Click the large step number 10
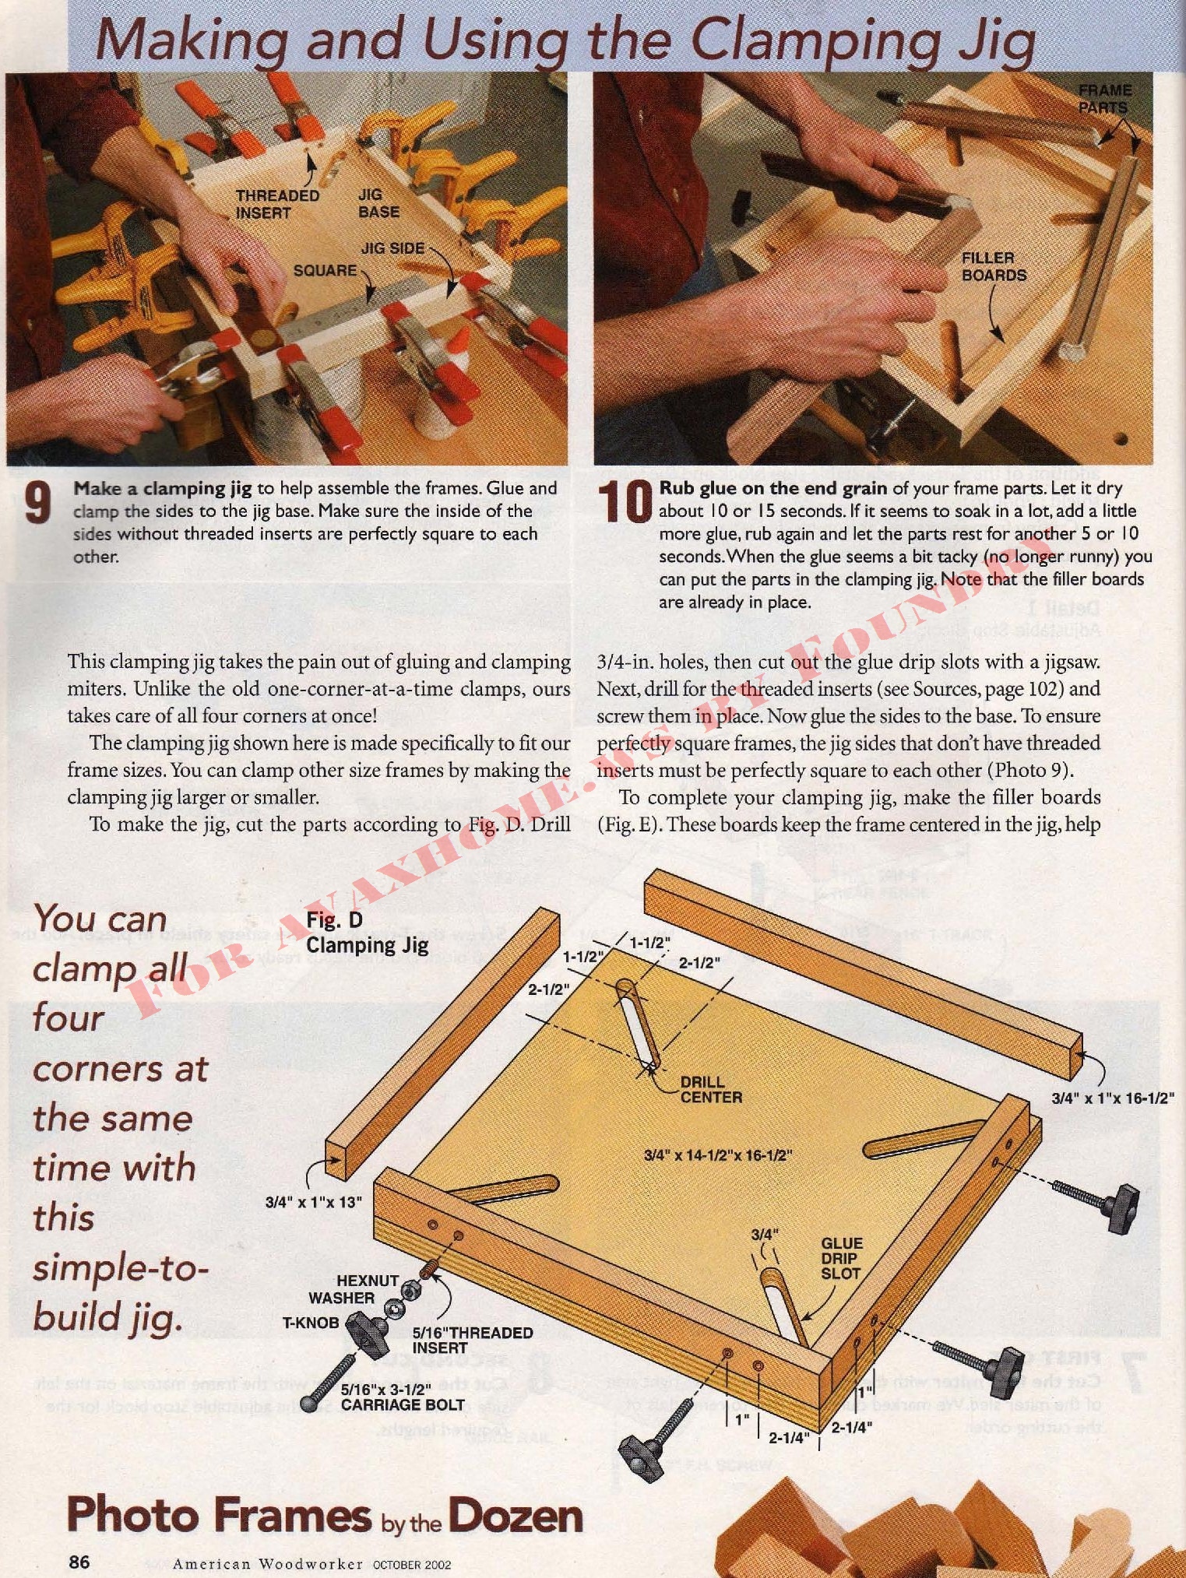[625, 502]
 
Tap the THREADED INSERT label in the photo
[277, 204]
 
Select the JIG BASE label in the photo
[378, 203]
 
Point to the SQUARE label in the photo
[325, 271]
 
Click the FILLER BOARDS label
[994, 266]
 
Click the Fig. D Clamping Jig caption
[367, 932]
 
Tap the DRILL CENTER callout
[711, 1089]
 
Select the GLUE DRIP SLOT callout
[841, 1258]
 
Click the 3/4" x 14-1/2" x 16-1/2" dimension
[718, 1155]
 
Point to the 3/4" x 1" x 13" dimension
[313, 1202]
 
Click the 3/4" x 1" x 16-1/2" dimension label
[1113, 1098]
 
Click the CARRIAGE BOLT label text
[403, 1405]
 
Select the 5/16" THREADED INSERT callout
[472, 1340]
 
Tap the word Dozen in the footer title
[515, 1516]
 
